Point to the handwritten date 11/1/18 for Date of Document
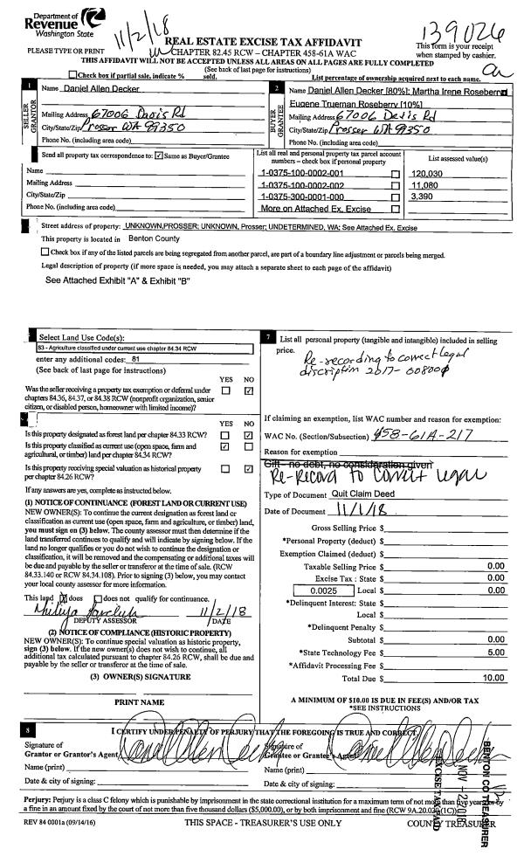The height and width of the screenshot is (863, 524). tap(366, 511)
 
